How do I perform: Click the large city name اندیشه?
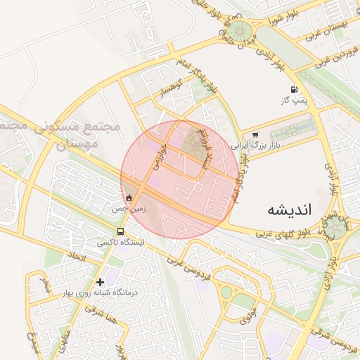click(294, 210)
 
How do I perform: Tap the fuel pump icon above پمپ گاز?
click(293, 90)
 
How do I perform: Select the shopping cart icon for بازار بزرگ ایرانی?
click(255, 135)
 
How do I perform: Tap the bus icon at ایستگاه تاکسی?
click(121, 231)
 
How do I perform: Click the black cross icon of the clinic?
click(101, 281)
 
